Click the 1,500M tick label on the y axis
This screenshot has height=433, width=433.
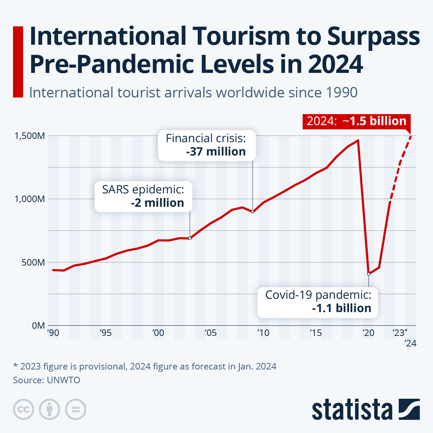point(30,136)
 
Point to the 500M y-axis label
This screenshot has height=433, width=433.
point(33,262)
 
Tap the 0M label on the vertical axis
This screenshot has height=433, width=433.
point(38,325)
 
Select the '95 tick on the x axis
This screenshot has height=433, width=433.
point(105,333)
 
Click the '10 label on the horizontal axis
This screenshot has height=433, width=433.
point(263,333)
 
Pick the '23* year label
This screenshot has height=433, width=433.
point(400,333)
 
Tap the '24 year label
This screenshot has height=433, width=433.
point(410,343)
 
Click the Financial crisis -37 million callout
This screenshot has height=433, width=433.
point(207,145)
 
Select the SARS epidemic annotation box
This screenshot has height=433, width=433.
point(143,196)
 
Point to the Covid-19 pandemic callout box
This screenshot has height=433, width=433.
point(318,302)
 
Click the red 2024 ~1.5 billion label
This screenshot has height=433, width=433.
point(357,121)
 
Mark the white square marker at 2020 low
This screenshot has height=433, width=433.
point(368,274)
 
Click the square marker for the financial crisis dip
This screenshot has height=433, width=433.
point(253,211)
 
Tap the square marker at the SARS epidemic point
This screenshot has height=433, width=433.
point(190,238)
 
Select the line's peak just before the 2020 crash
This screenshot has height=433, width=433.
point(358,140)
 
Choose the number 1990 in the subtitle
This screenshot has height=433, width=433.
point(341,92)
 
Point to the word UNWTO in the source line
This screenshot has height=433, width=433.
point(64,380)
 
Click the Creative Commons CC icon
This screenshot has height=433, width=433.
point(23,410)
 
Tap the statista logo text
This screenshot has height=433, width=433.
point(352,410)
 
